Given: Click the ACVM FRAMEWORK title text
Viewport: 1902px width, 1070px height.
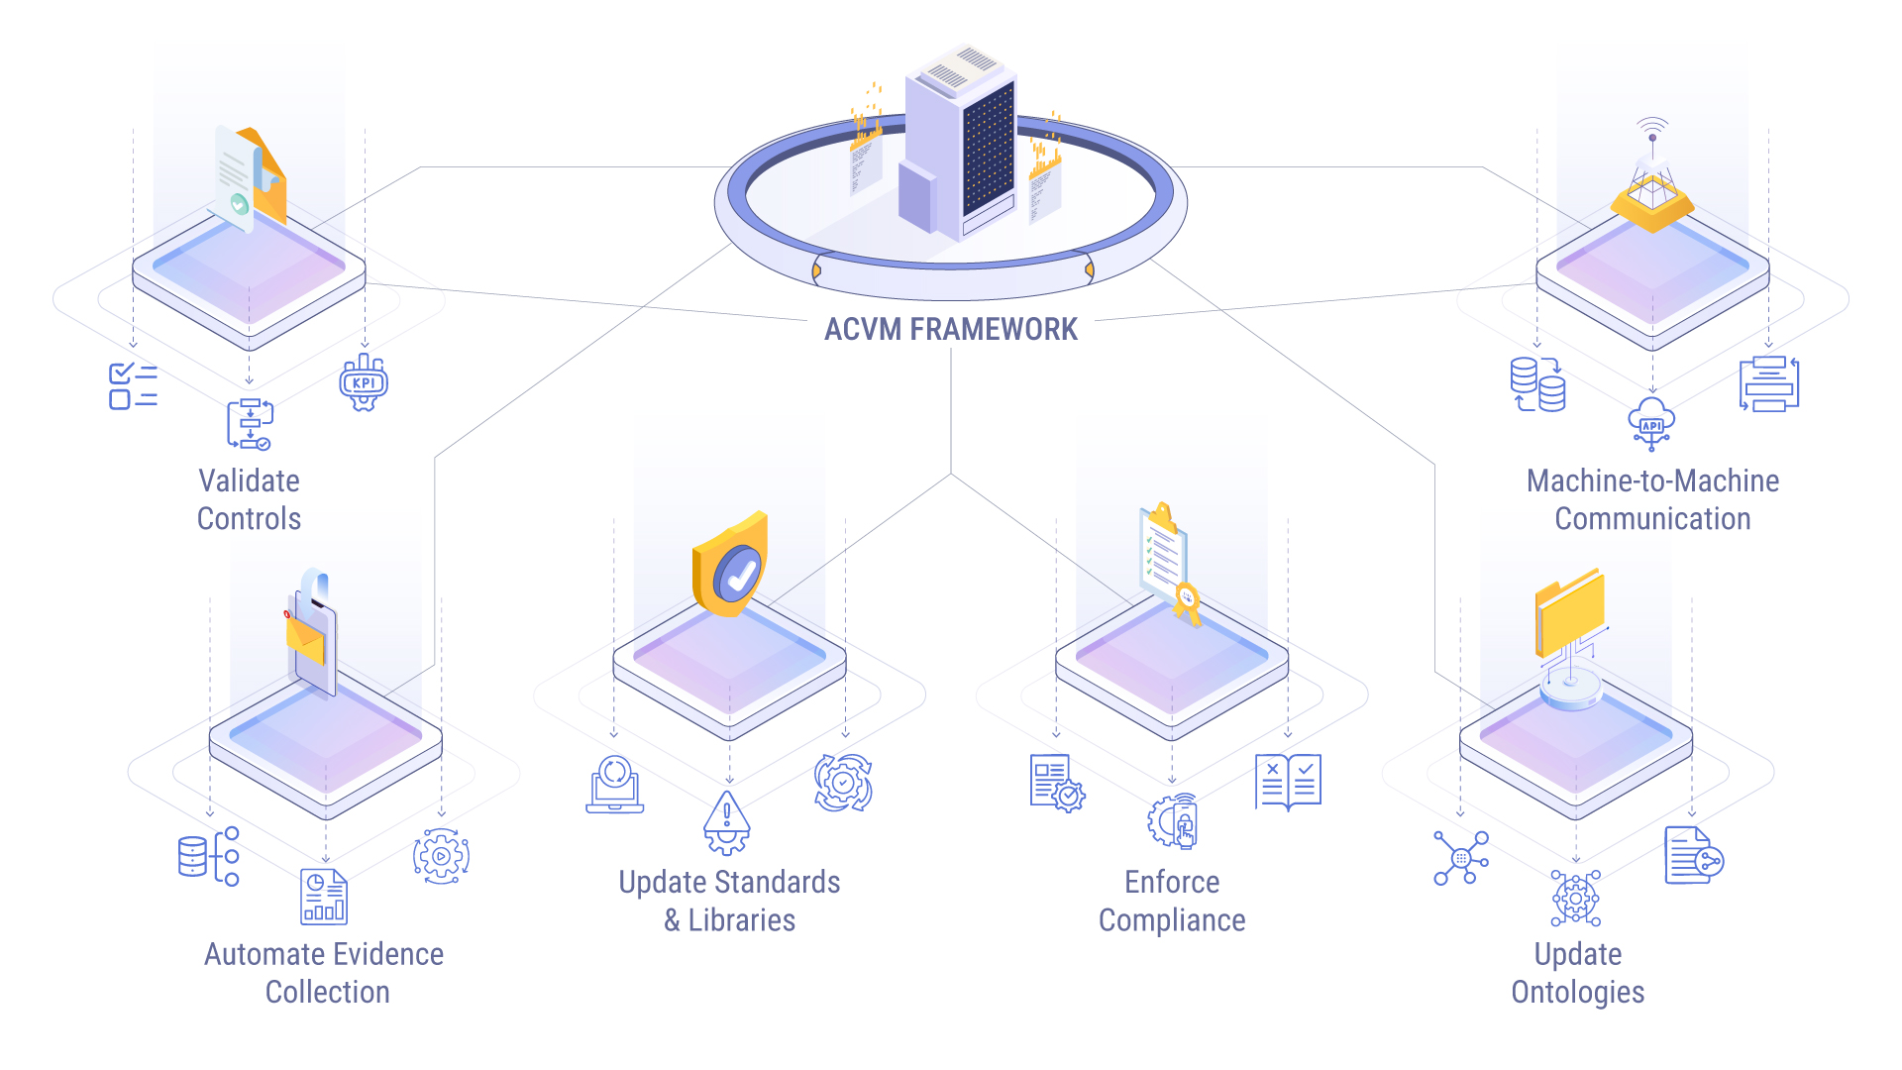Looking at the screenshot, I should pyautogui.click(x=950, y=329).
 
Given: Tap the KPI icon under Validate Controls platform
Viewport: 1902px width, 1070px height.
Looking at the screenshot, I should pyautogui.click(x=364, y=383).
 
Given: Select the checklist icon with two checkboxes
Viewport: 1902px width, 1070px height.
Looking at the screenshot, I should pyautogui.click(x=133, y=385).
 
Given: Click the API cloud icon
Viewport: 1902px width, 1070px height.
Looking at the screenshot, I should pyautogui.click(x=1651, y=424).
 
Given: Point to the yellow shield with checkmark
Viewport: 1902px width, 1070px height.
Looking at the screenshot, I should pyautogui.click(x=731, y=565).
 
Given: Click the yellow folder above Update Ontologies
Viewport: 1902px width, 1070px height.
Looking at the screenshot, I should pyautogui.click(x=1570, y=614).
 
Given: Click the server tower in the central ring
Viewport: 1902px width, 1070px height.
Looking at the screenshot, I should pyautogui.click(x=959, y=144).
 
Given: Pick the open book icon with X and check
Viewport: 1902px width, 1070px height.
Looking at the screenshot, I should pyautogui.click(x=1288, y=782).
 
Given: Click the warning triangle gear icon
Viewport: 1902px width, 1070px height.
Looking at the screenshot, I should pyautogui.click(x=727, y=822).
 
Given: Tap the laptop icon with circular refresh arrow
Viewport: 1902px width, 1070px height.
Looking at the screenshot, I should pyautogui.click(x=615, y=785).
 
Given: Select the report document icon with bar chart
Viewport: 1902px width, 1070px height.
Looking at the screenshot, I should pyautogui.click(x=324, y=897).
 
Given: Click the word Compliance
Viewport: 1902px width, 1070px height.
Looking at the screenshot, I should pyautogui.click(x=1172, y=920).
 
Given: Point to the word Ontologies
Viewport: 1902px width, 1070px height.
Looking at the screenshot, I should pyautogui.click(x=1577, y=992).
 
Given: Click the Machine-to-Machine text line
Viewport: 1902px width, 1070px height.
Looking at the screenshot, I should pyautogui.click(x=1652, y=481).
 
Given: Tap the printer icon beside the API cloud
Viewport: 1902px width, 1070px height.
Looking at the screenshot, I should pyautogui.click(x=1769, y=383).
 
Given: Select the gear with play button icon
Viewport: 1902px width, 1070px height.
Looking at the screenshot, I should pyautogui.click(x=441, y=856).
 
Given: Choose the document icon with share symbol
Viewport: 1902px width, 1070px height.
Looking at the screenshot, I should pyautogui.click(x=1693, y=856).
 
